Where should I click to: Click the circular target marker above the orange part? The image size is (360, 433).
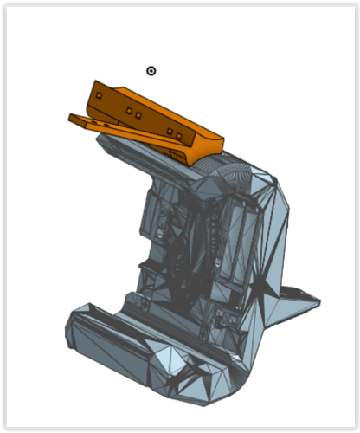click(x=151, y=71)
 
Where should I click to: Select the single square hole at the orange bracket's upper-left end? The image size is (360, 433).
click(x=99, y=94)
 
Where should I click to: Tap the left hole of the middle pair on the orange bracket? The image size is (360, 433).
click(x=129, y=112)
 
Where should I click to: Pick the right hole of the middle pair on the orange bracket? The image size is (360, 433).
click(x=138, y=113)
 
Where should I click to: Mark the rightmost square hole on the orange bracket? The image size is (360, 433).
click(x=178, y=136)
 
